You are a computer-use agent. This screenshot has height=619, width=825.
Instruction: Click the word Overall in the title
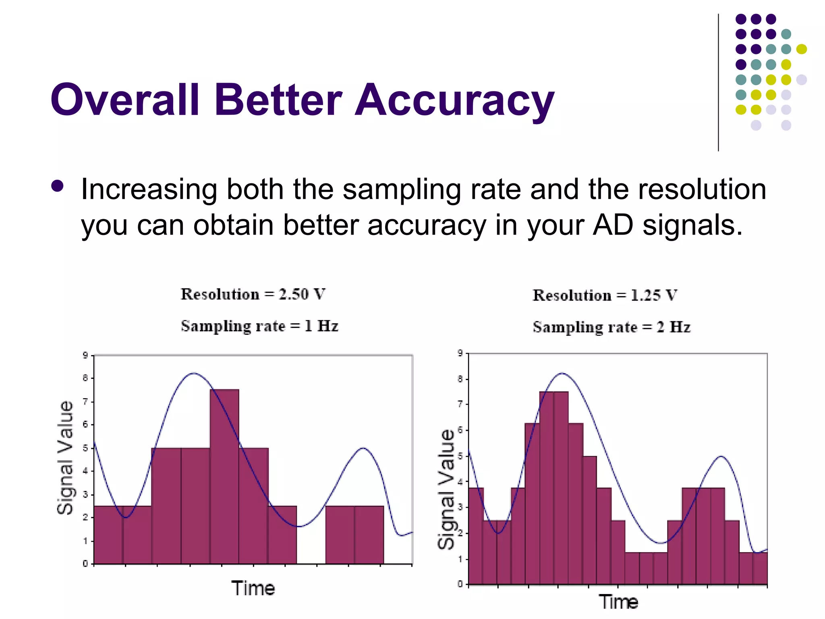[125, 100]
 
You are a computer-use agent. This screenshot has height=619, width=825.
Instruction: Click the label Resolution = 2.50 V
[253, 294]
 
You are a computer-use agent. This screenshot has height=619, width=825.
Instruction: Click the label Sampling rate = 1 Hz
[259, 326]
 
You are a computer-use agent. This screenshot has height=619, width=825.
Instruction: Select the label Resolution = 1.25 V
[605, 295]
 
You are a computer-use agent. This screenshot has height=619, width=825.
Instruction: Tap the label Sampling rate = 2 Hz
[611, 327]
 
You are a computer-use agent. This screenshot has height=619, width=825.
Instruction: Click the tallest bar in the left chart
[224, 476]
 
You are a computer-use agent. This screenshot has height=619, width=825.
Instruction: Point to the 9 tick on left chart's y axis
[85, 355]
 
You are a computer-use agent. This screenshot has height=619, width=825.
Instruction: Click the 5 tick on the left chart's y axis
[85, 448]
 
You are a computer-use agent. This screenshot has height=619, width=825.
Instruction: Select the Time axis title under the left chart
[253, 588]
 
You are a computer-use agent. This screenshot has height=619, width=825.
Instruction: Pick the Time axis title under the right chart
[618, 602]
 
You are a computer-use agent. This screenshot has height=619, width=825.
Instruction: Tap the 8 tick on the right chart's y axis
[460, 379]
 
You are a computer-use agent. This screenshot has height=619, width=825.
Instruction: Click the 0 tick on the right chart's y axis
[460, 584]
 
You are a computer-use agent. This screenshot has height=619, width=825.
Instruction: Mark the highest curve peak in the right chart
[562, 373]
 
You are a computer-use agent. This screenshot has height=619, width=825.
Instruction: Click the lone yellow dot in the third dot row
[801, 49]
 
